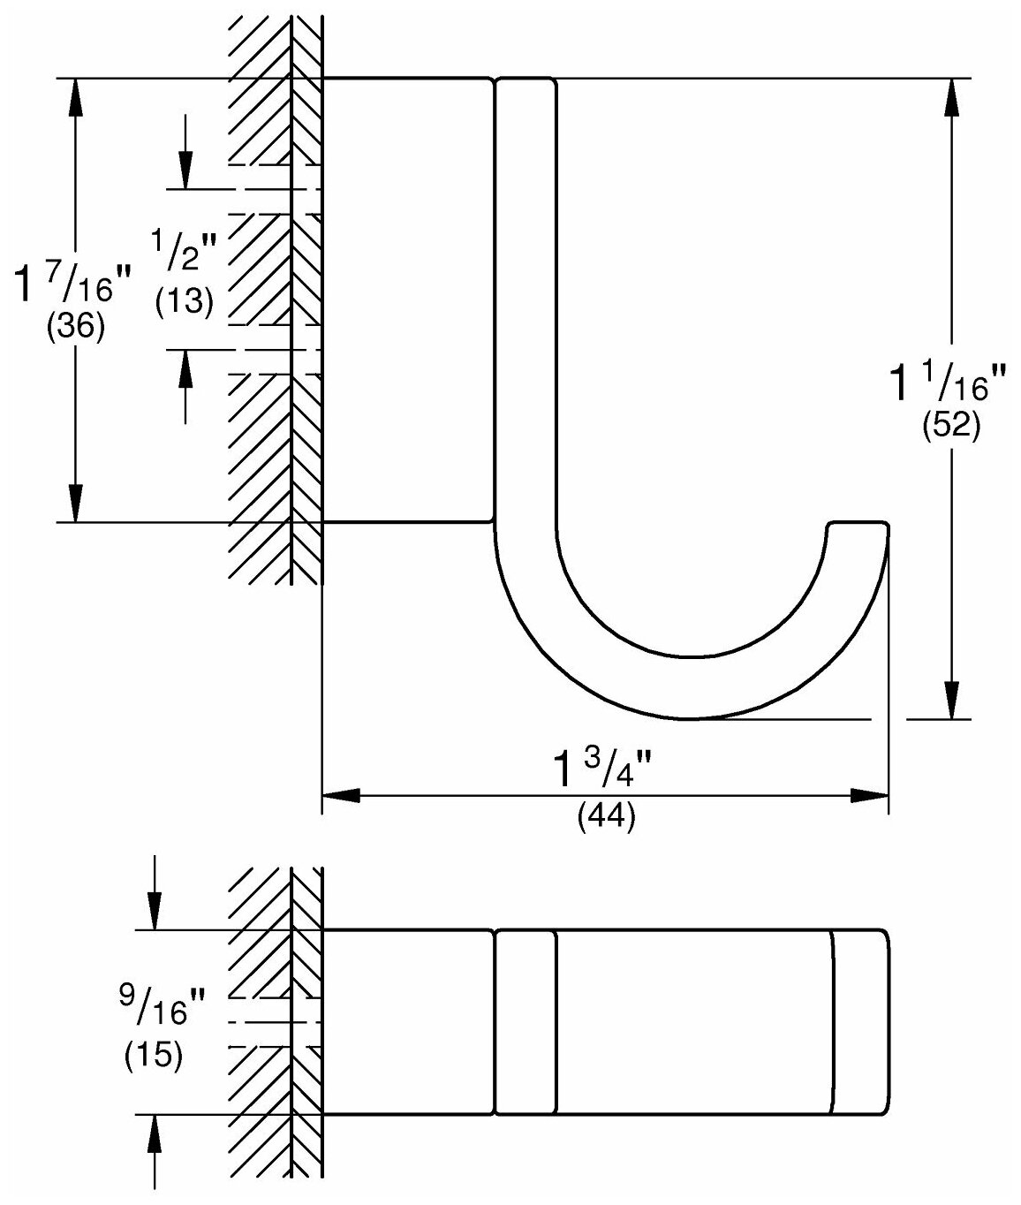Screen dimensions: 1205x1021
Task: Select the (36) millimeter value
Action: click(75, 328)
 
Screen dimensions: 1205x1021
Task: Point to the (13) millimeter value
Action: click(185, 303)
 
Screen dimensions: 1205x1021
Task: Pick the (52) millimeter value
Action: click(951, 427)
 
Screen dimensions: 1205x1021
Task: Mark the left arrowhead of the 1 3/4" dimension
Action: click(341, 796)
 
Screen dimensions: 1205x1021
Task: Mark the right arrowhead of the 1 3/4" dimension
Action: click(869, 796)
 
